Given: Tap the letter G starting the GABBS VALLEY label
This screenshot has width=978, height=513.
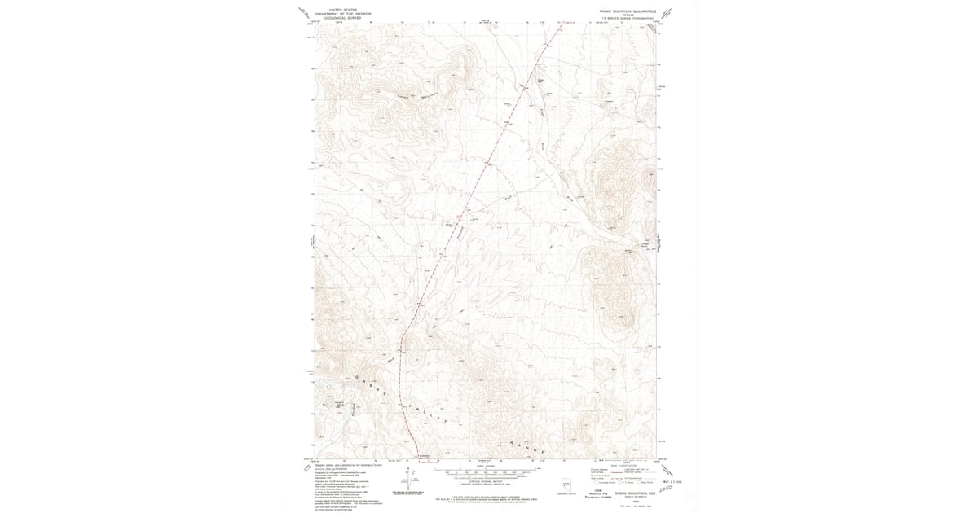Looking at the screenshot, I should (x=358, y=376).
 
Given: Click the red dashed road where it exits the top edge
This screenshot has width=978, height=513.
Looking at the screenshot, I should (x=562, y=26).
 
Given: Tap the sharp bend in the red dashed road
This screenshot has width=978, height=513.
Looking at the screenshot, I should (x=401, y=336).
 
